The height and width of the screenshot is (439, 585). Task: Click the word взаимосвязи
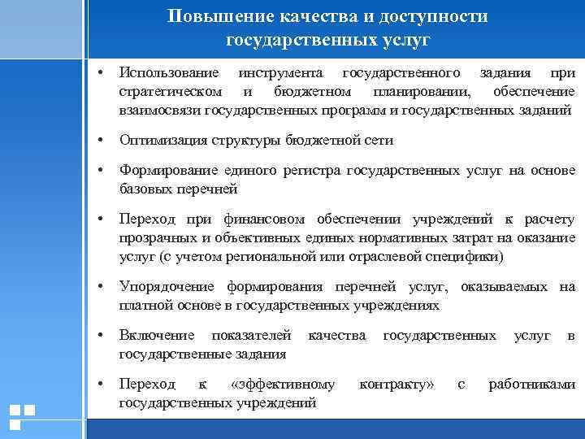(160, 109)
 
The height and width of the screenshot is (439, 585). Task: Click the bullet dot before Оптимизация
(100, 140)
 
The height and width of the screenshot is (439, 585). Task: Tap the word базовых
(143, 189)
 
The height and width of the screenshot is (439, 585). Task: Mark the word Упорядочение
(167, 287)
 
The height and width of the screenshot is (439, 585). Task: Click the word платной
(143, 305)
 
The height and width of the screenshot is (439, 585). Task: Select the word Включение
(157, 335)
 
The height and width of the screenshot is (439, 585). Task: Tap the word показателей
(251, 335)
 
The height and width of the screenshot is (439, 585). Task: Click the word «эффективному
(283, 384)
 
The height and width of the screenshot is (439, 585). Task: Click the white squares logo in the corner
(21, 417)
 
